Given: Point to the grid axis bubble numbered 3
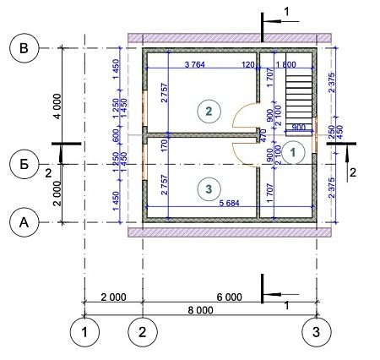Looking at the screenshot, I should tap(317, 330).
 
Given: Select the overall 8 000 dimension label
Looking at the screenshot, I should tap(199, 310).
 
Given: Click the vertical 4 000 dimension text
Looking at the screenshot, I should tap(56, 108).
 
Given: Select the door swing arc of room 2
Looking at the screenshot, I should tap(246, 116).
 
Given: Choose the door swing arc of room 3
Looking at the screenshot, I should tap(246, 150).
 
